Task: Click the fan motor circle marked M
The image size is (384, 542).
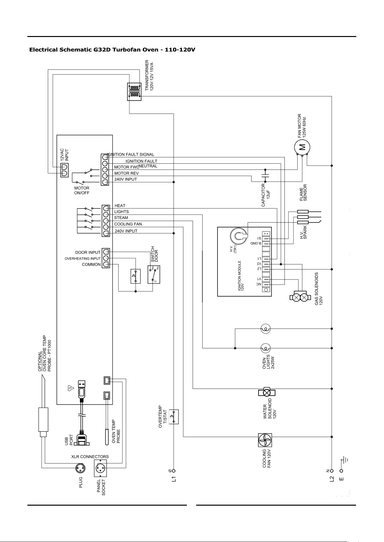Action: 302,147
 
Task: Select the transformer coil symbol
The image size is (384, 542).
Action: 134,91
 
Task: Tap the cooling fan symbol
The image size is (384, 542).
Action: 265,440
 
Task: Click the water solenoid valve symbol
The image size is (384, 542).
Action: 266,392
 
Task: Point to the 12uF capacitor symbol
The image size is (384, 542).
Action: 265,175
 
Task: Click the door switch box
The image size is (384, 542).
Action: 154,275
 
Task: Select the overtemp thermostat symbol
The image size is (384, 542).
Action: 174,417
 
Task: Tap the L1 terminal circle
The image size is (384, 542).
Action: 173,471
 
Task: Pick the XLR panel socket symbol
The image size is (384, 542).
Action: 100,469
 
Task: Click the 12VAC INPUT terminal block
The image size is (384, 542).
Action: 64,170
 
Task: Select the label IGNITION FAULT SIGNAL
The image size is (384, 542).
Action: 130,154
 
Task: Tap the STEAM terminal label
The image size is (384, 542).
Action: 121,218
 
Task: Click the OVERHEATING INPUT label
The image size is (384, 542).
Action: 82,259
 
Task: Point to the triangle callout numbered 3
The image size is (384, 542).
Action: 71,389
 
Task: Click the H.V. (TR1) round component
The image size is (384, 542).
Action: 239,235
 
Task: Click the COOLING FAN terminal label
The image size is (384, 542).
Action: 128,224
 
